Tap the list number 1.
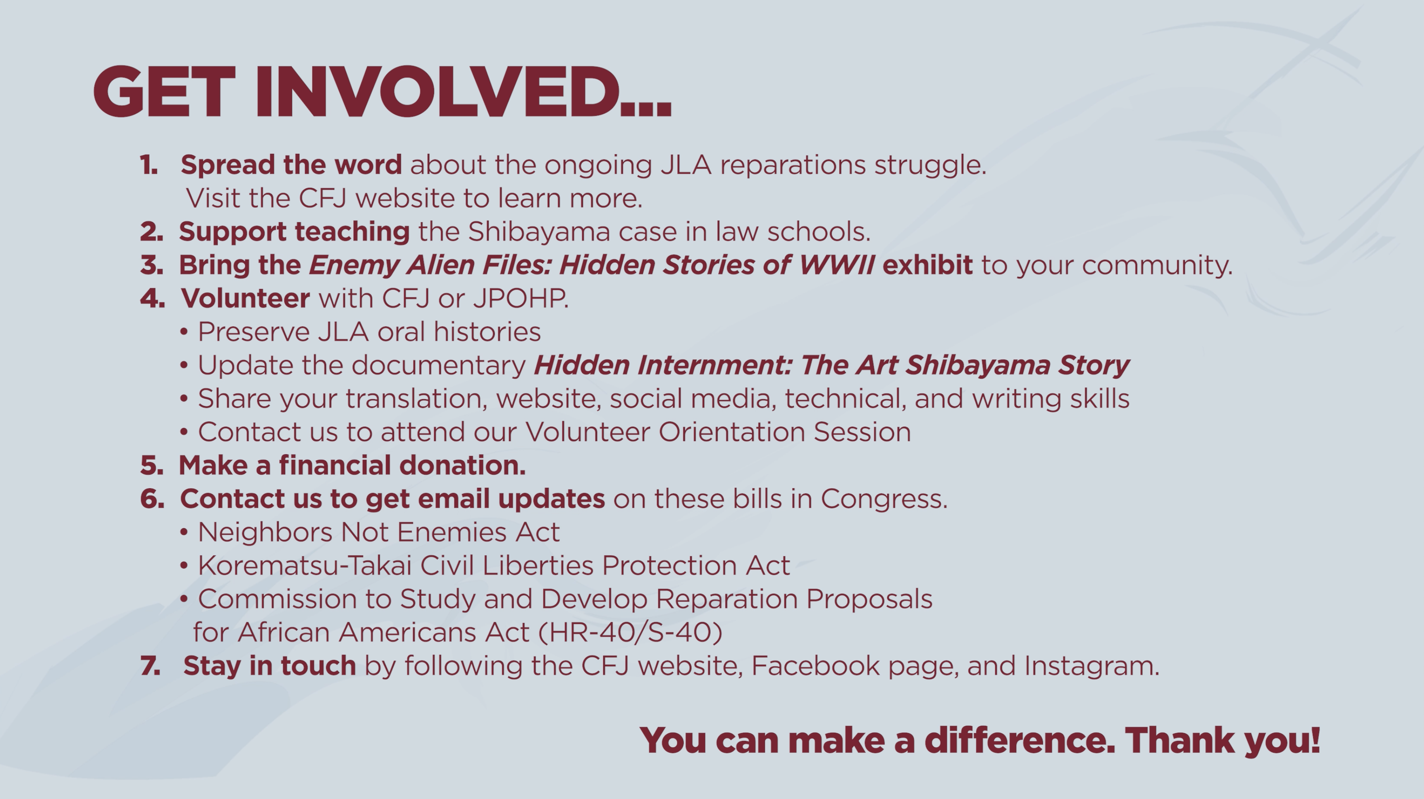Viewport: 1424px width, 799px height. click(x=148, y=165)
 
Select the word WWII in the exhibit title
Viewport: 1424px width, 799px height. click(x=836, y=265)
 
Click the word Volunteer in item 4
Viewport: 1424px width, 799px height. click(x=246, y=299)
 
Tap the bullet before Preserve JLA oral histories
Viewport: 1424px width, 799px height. click(x=184, y=333)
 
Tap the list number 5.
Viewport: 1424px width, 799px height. click(x=151, y=465)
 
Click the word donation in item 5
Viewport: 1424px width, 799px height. click(x=462, y=465)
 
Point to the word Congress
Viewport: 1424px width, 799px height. click(x=884, y=499)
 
